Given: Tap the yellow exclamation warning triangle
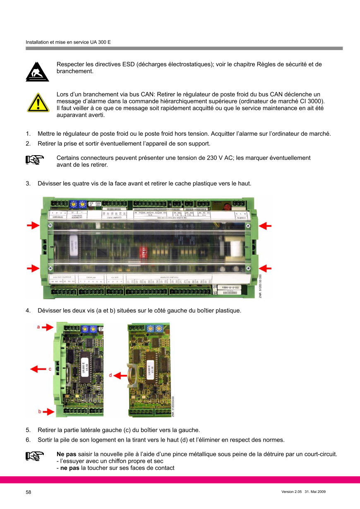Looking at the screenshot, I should click(x=38, y=102).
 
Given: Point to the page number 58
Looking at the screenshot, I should click(x=29, y=492).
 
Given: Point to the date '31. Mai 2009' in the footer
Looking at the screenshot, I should click(x=315, y=492).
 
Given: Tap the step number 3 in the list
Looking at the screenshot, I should click(x=28, y=183).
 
